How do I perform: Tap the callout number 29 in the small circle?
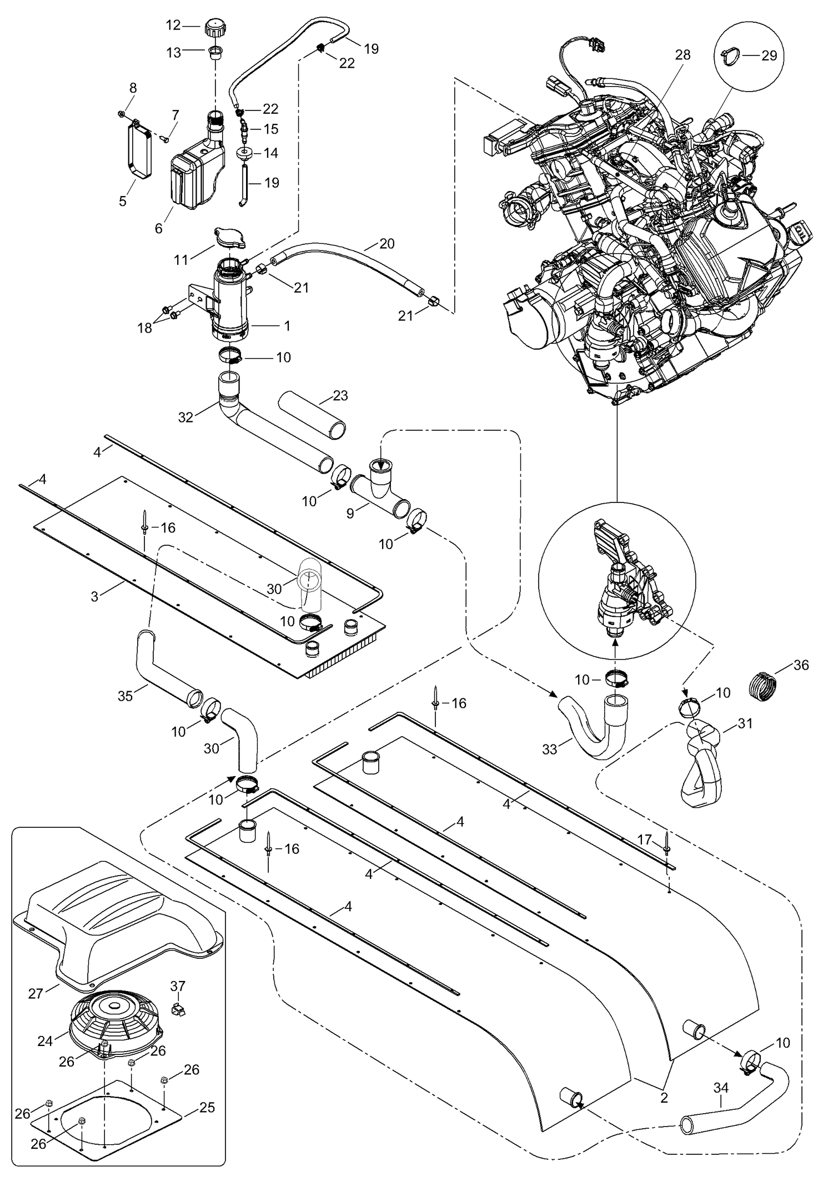click(769, 56)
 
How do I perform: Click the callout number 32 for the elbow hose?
click(185, 417)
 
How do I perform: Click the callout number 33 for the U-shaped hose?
click(549, 749)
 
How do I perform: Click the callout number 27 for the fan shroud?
click(36, 993)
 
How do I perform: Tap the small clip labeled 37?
click(178, 1008)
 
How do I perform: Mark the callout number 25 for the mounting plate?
click(207, 1108)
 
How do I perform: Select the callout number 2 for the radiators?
click(664, 1098)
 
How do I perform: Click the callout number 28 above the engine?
click(683, 55)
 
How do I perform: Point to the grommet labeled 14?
click(244, 153)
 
